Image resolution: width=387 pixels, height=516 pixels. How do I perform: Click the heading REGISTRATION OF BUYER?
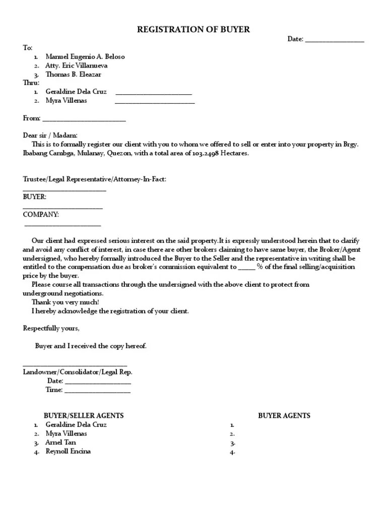(x=193, y=30)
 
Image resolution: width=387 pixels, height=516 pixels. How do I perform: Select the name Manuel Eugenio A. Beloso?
(x=85, y=56)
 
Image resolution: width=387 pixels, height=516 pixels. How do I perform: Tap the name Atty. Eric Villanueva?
(x=76, y=66)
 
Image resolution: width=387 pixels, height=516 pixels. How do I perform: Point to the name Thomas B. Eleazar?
(x=73, y=74)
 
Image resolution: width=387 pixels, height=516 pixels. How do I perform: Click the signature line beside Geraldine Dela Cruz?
(x=154, y=94)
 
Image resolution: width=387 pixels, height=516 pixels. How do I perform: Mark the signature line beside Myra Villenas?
(x=155, y=103)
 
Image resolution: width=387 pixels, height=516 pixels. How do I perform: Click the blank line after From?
(x=84, y=120)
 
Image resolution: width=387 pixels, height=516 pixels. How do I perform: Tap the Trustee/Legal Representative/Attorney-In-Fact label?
(x=94, y=179)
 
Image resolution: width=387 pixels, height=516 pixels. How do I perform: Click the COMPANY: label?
(x=41, y=214)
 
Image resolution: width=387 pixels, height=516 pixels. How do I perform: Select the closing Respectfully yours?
(x=51, y=328)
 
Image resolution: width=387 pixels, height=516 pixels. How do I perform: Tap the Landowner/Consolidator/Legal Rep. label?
(x=78, y=372)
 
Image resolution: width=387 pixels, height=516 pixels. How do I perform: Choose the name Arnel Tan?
(x=60, y=442)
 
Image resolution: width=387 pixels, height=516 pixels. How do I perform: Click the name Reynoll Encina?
(x=68, y=451)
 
